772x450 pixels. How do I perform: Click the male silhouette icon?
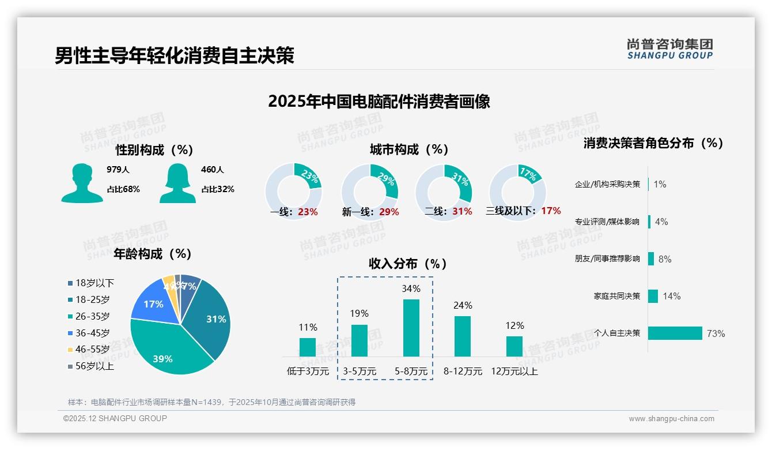[x=82, y=183]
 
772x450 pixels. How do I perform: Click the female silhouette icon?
[x=177, y=183]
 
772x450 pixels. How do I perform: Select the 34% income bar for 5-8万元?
[x=411, y=328]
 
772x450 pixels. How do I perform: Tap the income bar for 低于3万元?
[x=308, y=347]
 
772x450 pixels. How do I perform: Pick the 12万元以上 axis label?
[x=514, y=372]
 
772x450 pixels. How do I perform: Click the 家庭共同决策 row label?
[x=616, y=296]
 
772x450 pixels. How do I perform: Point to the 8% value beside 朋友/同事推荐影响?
[x=665, y=259]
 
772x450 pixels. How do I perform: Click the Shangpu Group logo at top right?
[x=669, y=48]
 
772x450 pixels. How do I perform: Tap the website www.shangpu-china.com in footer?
[x=671, y=419]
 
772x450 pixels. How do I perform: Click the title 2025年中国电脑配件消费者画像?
[x=379, y=102]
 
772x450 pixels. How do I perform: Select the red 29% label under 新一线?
[x=389, y=212]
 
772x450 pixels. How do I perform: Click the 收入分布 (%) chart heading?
[x=408, y=264]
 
